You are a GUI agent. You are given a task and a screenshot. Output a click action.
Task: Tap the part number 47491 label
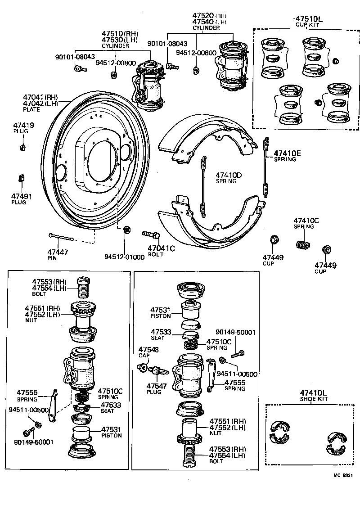tap(19, 196)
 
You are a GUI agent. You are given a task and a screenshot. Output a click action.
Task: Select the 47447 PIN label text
tap(58, 255)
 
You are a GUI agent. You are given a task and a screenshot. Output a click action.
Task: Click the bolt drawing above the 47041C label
tap(151, 234)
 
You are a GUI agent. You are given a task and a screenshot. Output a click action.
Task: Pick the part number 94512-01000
tap(125, 257)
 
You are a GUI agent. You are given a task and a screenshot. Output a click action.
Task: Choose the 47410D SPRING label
tap(229, 177)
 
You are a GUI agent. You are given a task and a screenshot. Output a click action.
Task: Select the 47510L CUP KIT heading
tap(309, 21)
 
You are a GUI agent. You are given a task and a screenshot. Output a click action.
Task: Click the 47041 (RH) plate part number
tap(40, 97)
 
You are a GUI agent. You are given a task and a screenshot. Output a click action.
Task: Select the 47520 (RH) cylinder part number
tap(210, 15)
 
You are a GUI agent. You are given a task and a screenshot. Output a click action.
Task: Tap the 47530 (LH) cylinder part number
tap(120, 40)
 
